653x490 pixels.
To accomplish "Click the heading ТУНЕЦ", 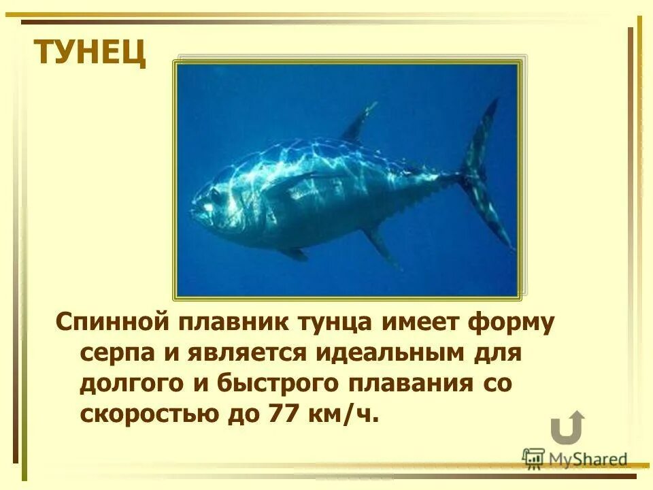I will coord(90,52).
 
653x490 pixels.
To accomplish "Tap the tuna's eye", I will coord(216,196).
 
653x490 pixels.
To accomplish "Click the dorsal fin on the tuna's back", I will coord(359,123).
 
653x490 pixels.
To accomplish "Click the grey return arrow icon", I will coord(567,427).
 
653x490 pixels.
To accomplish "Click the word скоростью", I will coord(144,412).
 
